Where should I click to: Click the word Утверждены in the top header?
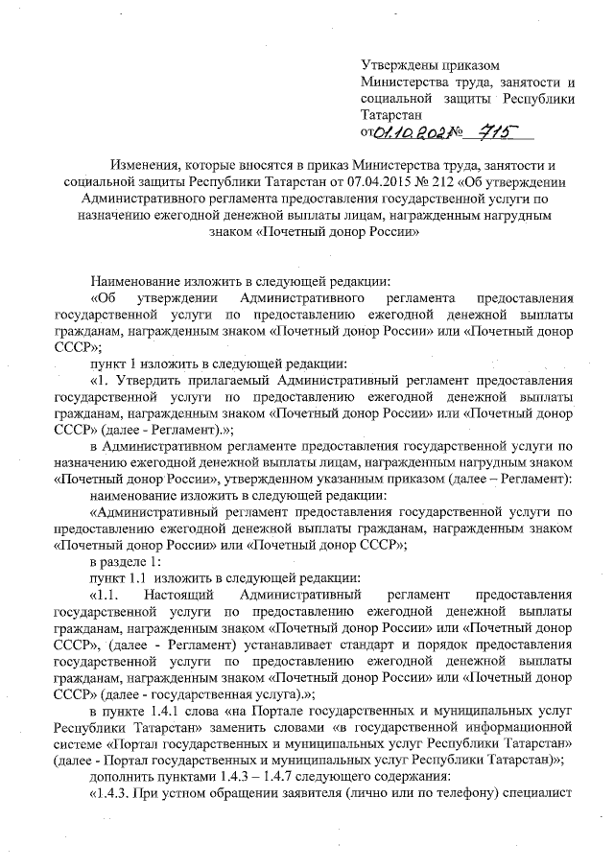(x=392, y=65)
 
